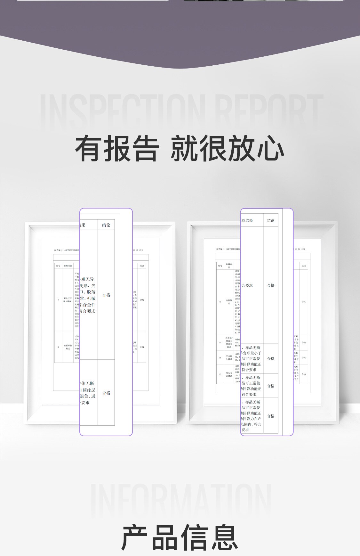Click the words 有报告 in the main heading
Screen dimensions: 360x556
(117, 148)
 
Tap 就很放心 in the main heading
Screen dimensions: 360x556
(227, 148)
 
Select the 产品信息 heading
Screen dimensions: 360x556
(180, 537)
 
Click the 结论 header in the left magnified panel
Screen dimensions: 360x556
(106, 225)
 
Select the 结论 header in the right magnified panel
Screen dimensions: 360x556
(271, 220)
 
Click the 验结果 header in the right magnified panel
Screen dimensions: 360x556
(247, 220)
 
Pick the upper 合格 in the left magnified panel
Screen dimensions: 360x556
(106, 295)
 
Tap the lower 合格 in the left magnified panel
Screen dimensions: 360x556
(106, 393)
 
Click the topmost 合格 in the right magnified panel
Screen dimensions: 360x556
(271, 285)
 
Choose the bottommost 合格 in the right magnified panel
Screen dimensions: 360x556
(271, 416)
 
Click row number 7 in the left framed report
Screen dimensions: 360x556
(58, 300)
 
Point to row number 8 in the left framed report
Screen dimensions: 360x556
(58, 347)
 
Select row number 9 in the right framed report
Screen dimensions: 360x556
(220, 302)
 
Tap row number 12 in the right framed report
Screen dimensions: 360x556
(220, 374)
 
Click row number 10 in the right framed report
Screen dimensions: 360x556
(220, 343)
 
